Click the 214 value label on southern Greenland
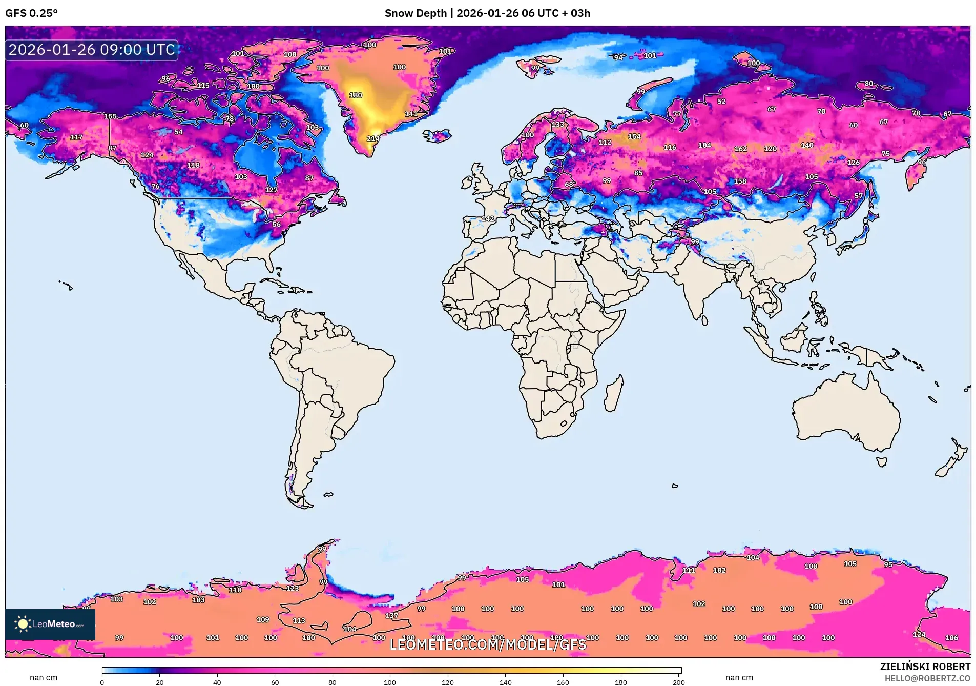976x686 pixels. click(372, 138)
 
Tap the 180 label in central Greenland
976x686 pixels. click(356, 95)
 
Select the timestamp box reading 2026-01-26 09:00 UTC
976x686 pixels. click(92, 50)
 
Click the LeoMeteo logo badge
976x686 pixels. click(50, 624)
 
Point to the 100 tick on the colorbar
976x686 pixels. click(390, 682)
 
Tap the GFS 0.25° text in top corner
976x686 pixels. click(31, 13)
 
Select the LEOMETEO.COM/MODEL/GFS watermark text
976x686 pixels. click(487, 644)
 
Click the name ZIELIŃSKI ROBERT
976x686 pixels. click(925, 667)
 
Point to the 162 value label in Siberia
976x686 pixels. click(740, 149)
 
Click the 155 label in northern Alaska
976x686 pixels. click(110, 116)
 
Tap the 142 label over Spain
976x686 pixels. click(488, 218)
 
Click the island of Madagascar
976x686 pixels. click(614, 394)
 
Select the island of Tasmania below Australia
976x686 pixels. click(881, 461)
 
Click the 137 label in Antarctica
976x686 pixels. click(391, 615)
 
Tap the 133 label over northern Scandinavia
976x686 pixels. click(557, 125)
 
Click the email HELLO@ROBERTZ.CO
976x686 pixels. click(927, 678)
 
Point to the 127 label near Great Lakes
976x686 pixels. click(271, 190)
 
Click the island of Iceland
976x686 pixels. click(437, 136)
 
